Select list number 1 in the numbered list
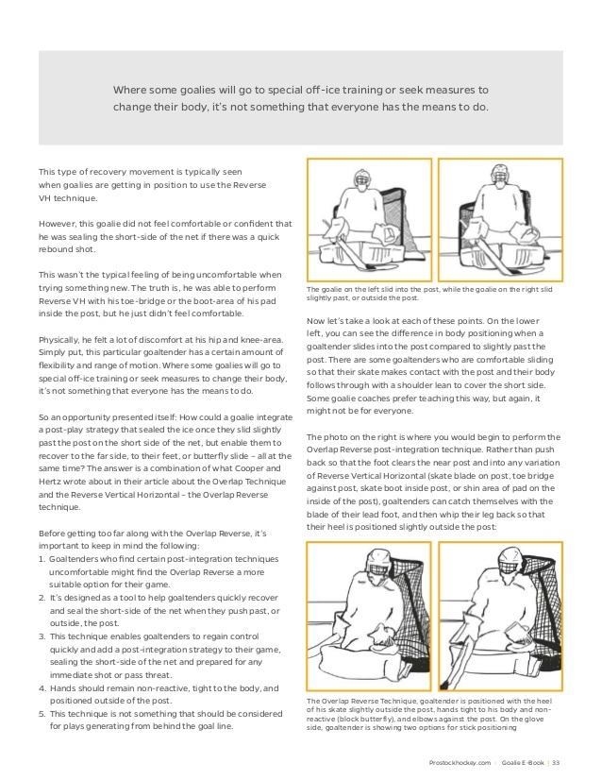tap(42, 559)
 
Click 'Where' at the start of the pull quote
tap(129, 90)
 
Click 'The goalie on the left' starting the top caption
tap(342, 289)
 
